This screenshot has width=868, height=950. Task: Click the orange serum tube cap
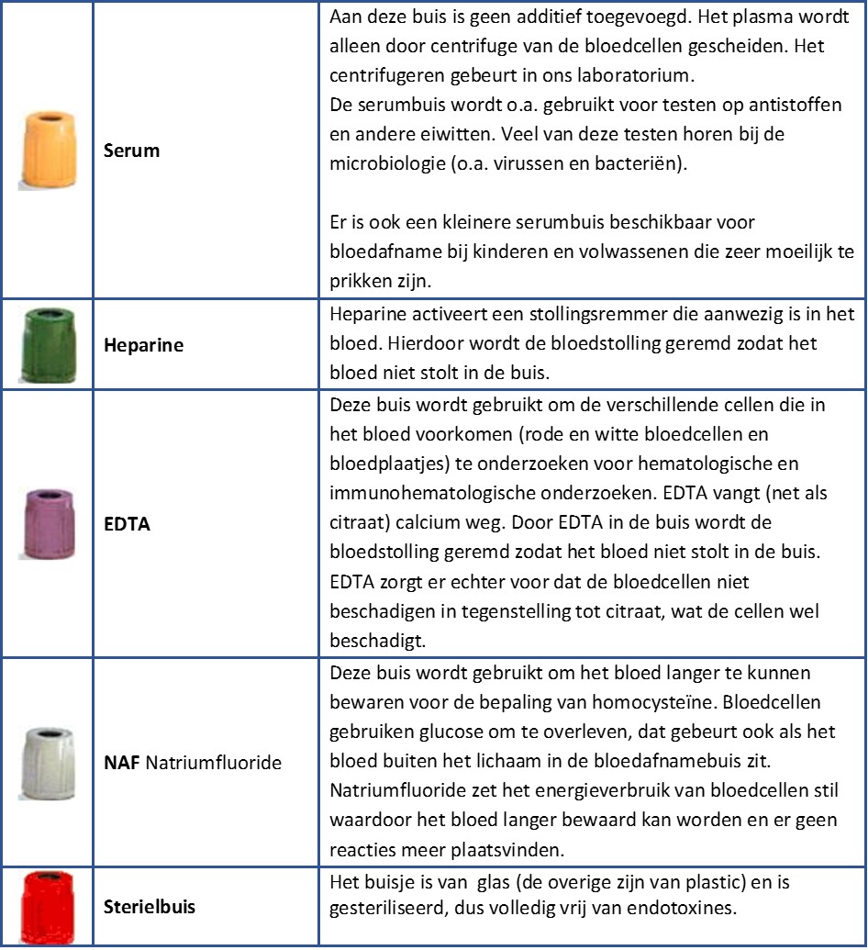point(48,150)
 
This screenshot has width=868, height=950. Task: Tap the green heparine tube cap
point(47,346)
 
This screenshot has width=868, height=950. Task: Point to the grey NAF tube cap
point(47,761)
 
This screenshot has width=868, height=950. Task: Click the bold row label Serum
point(131,151)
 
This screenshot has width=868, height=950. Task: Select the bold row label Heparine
point(142,346)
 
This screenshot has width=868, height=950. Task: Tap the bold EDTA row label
point(127,525)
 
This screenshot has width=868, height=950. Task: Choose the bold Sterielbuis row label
point(150,908)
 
